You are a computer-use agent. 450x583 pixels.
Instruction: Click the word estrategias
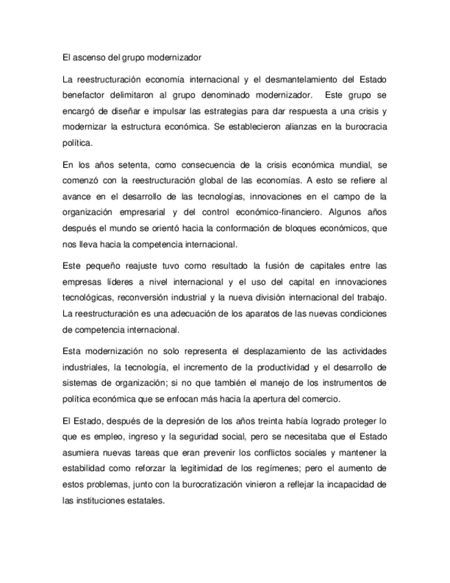[218, 111]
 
